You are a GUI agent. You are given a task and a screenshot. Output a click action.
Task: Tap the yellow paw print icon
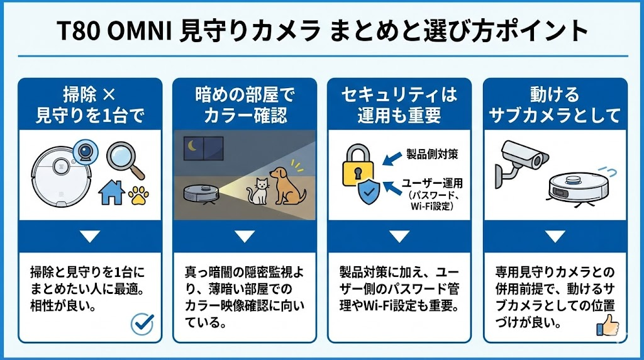pyautogui.click(x=139, y=196)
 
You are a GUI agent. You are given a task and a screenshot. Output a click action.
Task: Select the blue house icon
pyautogui.click(x=112, y=193)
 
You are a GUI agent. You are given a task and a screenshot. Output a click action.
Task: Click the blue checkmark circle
pyautogui.click(x=142, y=324)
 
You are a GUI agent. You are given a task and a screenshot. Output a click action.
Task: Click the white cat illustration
pyautogui.click(x=257, y=191)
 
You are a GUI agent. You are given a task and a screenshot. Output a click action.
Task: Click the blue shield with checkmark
pyautogui.click(x=369, y=191)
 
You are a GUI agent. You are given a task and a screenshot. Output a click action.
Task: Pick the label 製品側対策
pyautogui.click(x=432, y=154)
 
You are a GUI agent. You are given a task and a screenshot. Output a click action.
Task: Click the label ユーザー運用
pyautogui.click(x=432, y=183)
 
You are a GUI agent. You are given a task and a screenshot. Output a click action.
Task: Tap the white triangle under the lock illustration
pyautogui.click(x=399, y=236)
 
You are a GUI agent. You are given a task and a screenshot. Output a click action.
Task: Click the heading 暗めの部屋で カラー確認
pyautogui.click(x=245, y=105)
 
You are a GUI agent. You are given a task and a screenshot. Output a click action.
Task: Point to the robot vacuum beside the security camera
pyautogui.click(x=579, y=189)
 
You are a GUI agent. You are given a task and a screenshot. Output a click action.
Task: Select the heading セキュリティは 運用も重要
pyautogui.click(x=399, y=105)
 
